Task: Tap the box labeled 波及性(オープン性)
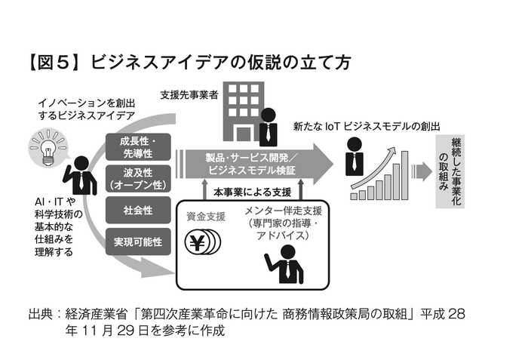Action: pos(137,178)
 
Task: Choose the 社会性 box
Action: pos(137,209)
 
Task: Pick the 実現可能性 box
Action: pos(137,242)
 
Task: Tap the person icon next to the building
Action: pos(268,126)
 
